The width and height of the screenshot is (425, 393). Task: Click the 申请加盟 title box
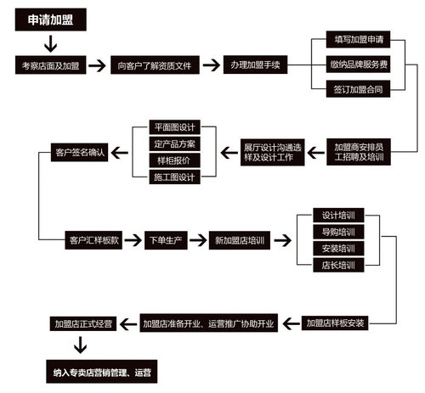pyautogui.click(x=51, y=20)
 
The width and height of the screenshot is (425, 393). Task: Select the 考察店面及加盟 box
pyautogui.click(x=51, y=65)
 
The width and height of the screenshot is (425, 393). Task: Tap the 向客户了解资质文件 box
pyautogui.click(x=155, y=65)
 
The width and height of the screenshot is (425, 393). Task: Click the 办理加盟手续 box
pyautogui.click(x=255, y=65)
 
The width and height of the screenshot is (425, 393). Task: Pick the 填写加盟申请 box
pyautogui.click(x=358, y=39)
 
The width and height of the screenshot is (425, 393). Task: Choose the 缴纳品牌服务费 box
pyautogui.click(x=358, y=65)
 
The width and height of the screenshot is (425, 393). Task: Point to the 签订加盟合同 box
pyautogui.click(x=358, y=89)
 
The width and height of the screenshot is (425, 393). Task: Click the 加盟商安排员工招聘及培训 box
pyautogui.click(x=359, y=152)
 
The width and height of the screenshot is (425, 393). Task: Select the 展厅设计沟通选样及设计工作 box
pyautogui.click(x=273, y=152)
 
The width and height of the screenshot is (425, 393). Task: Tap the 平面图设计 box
pyautogui.click(x=175, y=127)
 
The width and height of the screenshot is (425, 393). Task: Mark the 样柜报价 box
pyautogui.click(x=175, y=160)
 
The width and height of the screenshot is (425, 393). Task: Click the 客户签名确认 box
pyautogui.click(x=79, y=153)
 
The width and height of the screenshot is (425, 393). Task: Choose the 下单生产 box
pyautogui.click(x=166, y=240)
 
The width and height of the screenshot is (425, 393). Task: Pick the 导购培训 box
pyautogui.click(x=338, y=232)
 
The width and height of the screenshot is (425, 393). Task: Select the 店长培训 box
pyautogui.click(x=338, y=265)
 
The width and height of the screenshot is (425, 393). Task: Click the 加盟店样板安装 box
pyautogui.click(x=335, y=323)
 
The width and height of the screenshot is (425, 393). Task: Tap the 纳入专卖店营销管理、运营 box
pyautogui.click(x=102, y=372)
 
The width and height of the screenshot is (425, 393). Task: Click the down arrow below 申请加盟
pyautogui.click(x=51, y=44)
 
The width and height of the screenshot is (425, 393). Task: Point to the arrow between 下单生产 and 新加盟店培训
pyautogui.click(x=198, y=240)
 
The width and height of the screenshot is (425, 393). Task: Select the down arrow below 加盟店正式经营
pyautogui.click(x=81, y=345)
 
